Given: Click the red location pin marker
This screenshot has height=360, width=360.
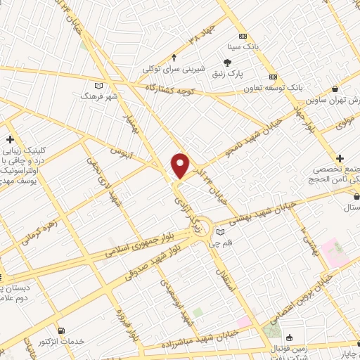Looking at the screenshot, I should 181,165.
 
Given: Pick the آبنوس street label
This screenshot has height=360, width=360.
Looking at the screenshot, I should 121,150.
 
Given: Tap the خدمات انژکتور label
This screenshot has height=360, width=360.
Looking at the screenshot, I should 84,340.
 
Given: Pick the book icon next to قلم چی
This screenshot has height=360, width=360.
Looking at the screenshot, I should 221,231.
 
